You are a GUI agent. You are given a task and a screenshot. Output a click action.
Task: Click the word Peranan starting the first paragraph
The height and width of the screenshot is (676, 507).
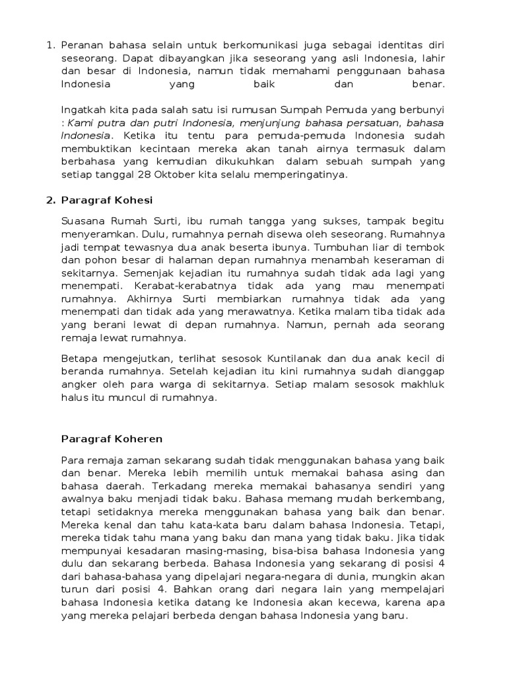(82, 46)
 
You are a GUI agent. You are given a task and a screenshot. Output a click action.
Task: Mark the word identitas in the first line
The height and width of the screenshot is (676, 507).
(394, 46)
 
